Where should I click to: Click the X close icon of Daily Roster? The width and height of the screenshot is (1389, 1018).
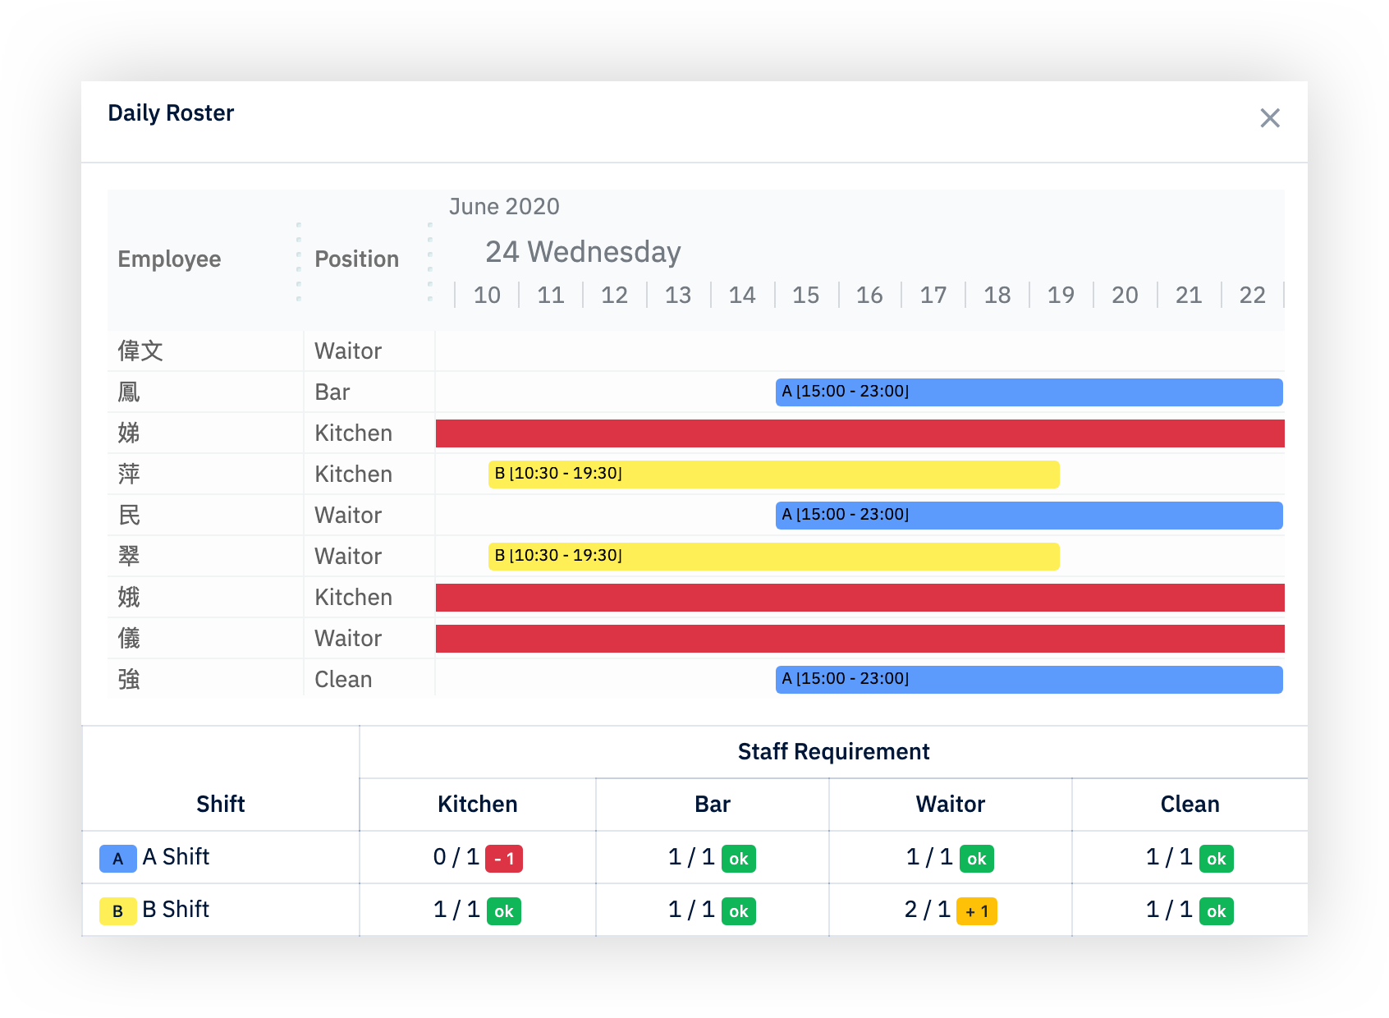1269,118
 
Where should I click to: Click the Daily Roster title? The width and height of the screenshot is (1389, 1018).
171,113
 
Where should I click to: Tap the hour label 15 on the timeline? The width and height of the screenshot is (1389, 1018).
805,295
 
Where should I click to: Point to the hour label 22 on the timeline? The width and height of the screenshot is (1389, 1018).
1252,295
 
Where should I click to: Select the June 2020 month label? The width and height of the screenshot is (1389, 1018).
504,207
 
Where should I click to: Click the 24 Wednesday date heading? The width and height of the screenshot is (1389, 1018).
583,252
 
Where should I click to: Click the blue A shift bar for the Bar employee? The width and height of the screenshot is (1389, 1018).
1029,392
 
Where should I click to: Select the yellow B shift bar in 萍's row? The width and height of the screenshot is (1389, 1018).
773,474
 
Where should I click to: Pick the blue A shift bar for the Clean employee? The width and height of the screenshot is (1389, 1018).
1029,679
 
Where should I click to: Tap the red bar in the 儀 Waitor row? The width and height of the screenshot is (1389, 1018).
860,638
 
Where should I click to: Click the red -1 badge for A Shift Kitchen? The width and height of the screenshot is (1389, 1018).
504,859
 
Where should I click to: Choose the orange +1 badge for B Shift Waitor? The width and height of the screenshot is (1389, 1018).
976,911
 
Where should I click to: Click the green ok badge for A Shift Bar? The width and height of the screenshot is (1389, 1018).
738,859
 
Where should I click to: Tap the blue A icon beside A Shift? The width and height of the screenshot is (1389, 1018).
118,859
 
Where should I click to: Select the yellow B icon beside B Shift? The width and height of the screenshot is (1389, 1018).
118,911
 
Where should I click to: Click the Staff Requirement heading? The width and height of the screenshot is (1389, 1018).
833,751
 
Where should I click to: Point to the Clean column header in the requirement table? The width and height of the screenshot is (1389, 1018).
1190,804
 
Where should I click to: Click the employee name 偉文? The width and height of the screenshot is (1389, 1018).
140,351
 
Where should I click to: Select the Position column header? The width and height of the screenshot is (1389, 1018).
356,259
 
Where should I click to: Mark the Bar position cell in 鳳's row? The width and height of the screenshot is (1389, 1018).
332,392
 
